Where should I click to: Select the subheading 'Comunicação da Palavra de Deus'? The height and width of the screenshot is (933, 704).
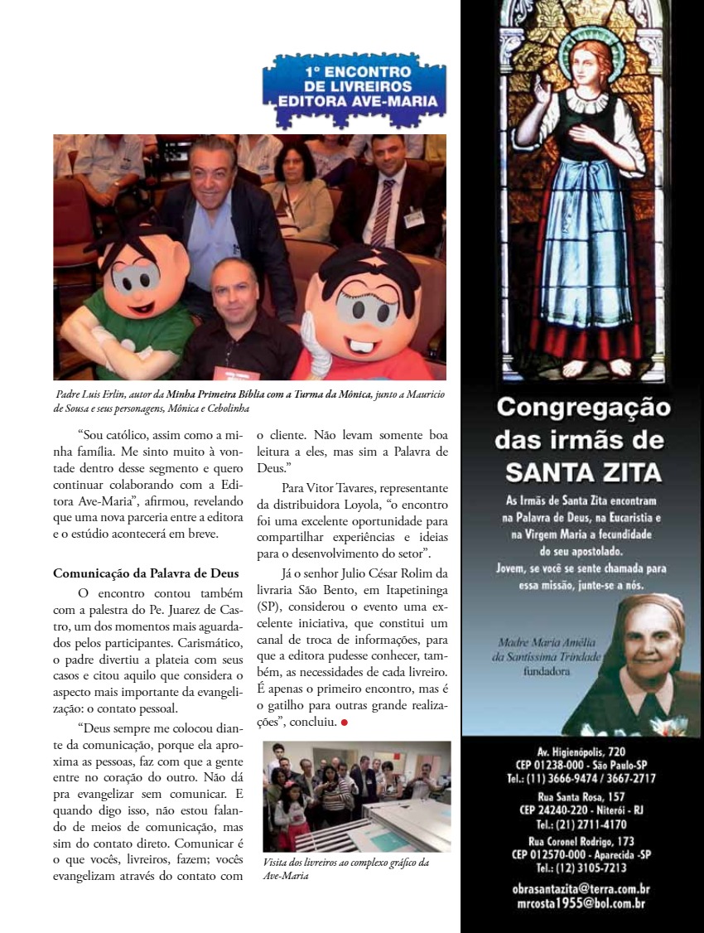(x=146, y=573)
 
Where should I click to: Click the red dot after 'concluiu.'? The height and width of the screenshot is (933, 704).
(x=344, y=722)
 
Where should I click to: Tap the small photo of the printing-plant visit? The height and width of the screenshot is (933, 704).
(x=356, y=795)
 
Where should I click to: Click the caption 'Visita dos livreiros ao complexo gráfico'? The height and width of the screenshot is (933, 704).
(x=345, y=863)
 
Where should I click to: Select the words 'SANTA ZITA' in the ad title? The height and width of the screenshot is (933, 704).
(x=583, y=471)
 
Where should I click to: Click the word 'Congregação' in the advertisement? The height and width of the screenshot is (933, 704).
(x=583, y=408)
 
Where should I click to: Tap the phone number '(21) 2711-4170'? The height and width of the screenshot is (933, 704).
(x=582, y=824)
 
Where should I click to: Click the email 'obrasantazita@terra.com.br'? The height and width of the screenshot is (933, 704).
(x=581, y=889)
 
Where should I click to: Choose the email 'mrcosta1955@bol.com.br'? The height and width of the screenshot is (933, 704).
(x=581, y=903)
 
